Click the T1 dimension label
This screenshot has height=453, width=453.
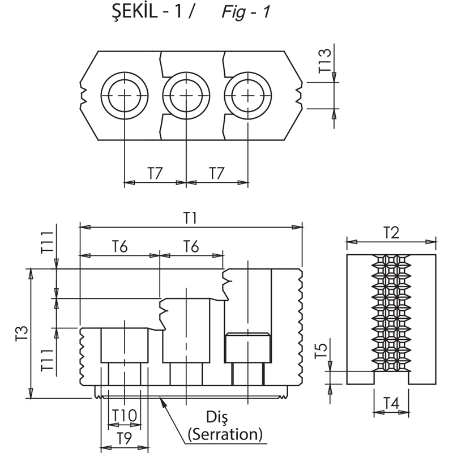[x=190, y=217]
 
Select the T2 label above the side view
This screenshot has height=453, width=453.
[x=391, y=232]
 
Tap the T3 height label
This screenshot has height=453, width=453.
[x=22, y=333]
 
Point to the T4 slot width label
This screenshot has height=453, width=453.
[x=391, y=403]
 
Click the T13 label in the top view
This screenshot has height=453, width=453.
[x=324, y=61]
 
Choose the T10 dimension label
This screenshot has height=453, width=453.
[x=124, y=416]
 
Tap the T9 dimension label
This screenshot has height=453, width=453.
[x=124, y=438]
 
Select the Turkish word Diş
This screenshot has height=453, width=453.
[x=217, y=417]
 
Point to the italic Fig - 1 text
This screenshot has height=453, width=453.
[x=246, y=12]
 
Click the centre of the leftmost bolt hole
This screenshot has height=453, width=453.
[x=125, y=96]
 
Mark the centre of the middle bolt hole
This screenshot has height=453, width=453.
[x=186, y=96]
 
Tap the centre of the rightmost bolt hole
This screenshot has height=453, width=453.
[x=248, y=96]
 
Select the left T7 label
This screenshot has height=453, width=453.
[x=155, y=173]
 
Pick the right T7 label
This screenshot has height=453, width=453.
[x=217, y=173]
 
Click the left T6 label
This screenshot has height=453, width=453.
[x=119, y=247]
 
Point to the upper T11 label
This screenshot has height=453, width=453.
[x=47, y=242]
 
